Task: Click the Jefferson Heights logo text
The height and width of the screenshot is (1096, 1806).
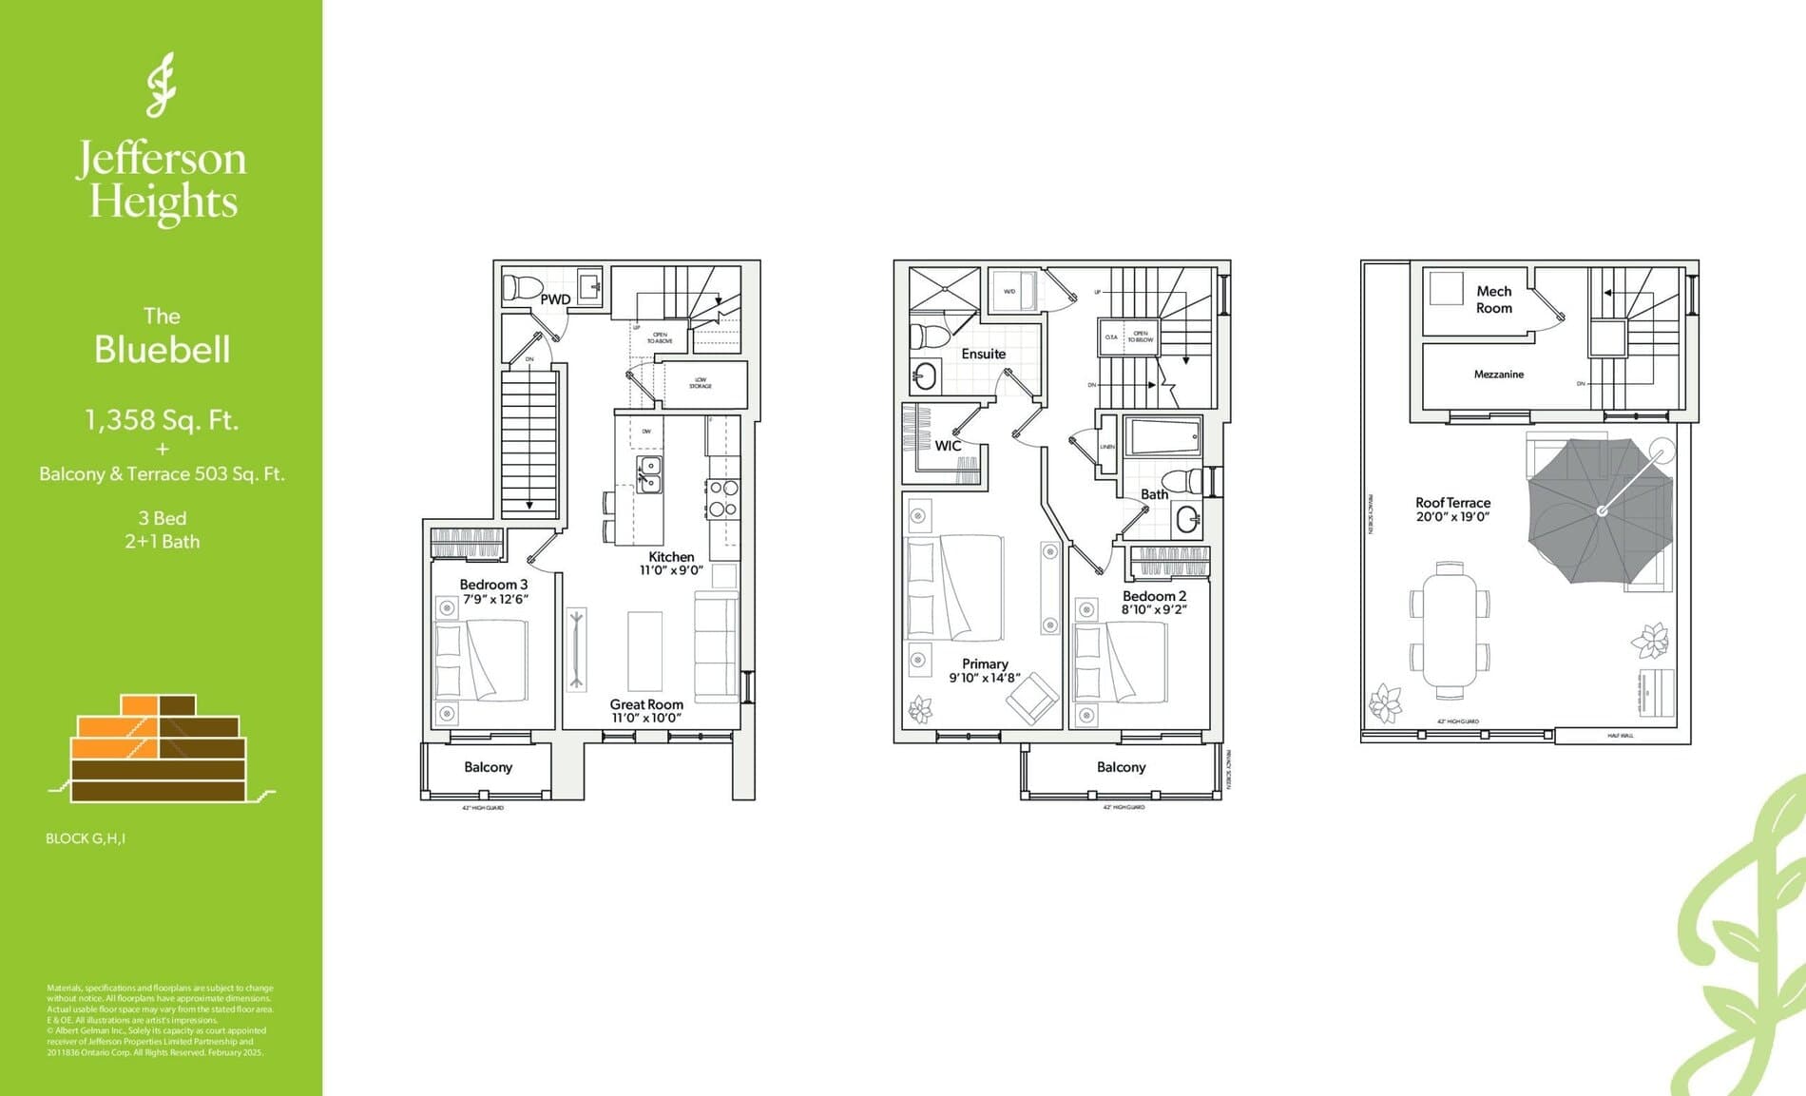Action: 162,181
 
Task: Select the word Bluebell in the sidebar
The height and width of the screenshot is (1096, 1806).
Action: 162,350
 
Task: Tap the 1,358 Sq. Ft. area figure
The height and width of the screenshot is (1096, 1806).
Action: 162,419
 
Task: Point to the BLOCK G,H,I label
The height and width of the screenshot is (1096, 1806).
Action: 86,838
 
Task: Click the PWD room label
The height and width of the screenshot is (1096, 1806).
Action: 555,299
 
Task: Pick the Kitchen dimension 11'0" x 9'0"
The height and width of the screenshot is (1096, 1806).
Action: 671,570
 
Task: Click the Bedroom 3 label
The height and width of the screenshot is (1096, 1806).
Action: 493,585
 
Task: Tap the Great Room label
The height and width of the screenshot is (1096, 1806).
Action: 646,704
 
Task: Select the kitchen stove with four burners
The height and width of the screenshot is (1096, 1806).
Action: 722,498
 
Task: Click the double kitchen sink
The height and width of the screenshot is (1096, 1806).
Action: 650,474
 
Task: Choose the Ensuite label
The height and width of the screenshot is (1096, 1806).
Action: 983,354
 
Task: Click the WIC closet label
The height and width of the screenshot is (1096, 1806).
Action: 948,446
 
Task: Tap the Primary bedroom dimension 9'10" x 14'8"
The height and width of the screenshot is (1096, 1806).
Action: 985,678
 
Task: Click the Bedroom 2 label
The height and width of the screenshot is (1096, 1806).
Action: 1154,596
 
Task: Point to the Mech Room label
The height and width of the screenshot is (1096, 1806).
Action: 1493,299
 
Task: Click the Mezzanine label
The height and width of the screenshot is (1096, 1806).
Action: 1498,375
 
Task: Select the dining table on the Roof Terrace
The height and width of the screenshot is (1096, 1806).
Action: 1450,624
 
